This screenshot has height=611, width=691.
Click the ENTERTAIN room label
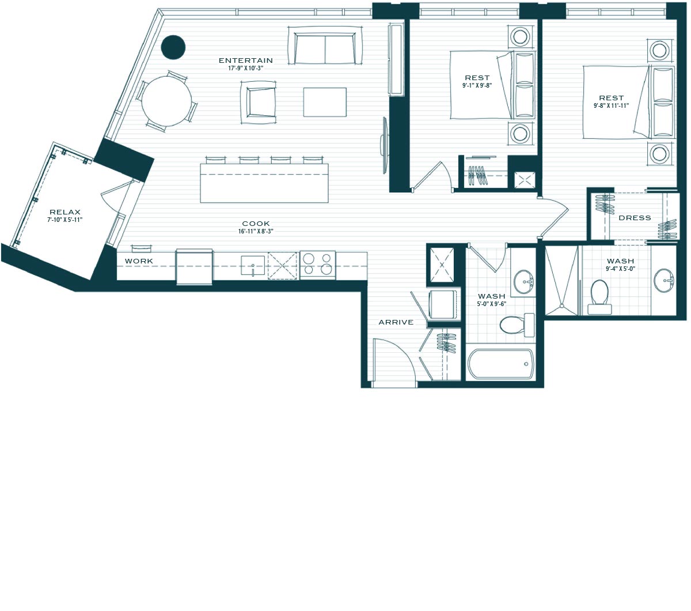(245, 61)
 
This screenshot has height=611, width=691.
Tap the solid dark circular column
(173, 47)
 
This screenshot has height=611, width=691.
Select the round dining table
(166, 101)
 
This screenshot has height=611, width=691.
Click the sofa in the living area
(325, 45)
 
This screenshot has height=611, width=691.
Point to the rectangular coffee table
(325, 102)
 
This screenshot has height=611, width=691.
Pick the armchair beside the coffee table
(258, 103)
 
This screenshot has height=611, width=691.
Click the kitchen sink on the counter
(253, 265)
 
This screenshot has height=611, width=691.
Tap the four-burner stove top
(318, 265)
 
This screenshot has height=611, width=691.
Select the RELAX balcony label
(65, 212)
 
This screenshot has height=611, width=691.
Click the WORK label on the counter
(139, 261)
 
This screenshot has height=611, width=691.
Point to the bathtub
(500, 364)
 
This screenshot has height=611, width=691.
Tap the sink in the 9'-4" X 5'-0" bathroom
(663, 280)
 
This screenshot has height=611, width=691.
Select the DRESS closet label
(635, 218)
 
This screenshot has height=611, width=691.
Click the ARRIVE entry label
(396, 322)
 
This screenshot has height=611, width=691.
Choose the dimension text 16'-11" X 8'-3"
(256, 231)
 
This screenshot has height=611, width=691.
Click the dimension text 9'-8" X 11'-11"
(611, 105)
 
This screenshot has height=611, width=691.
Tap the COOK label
(256, 224)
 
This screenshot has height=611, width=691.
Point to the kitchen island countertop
(264, 183)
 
